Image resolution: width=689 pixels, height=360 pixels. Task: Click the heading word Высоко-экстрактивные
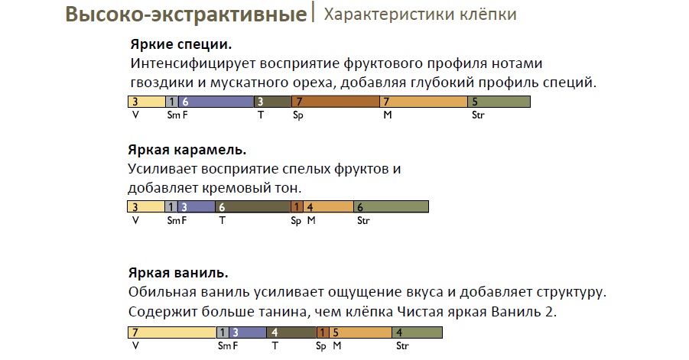pyautogui.click(x=186, y=14)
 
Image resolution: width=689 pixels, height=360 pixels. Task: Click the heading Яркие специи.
pyautogui.click(x=181, y=44)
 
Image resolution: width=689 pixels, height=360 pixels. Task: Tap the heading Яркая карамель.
pyautogui.click(x=187, y=150)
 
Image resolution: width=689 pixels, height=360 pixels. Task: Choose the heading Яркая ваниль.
pyautogui.click(x=178, y=273)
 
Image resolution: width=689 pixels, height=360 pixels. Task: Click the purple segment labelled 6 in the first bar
pyautogui.click(x=216, y=102)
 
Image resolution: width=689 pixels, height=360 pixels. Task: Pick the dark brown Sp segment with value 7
pyautogui.click(x=335, y=102)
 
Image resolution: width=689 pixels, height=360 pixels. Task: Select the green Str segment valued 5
pyautogui.click(x=499, y=102)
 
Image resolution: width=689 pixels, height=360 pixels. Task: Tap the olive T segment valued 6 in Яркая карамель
pyautogui.click(x=252, y=207)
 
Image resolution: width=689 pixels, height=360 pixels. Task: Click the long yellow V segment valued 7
pyautogui.click(x=172, y=332)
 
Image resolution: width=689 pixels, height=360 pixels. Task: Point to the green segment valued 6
pyautogui.click(x=391, y=207)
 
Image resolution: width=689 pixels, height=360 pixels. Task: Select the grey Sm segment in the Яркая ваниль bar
pyautogui.click(x=223, y=332)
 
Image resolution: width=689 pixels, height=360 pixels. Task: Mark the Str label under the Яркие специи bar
pyautogui.click(x=478, y=115)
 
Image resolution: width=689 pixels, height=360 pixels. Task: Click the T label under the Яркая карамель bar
pyautogui.click(x=223, y=220)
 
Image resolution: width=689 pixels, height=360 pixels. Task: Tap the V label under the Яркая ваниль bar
pyautogui.click(x=135, y=346)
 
